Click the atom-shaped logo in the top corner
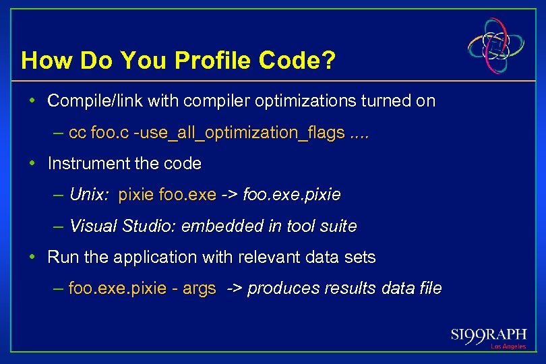coord(497,45)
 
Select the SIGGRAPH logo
coord(489,335)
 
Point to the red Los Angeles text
coord(508,346)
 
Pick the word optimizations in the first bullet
coord(290,101)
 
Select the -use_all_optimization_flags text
coord(239,133)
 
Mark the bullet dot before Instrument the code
coord(32,163)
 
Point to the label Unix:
coord(90,195)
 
